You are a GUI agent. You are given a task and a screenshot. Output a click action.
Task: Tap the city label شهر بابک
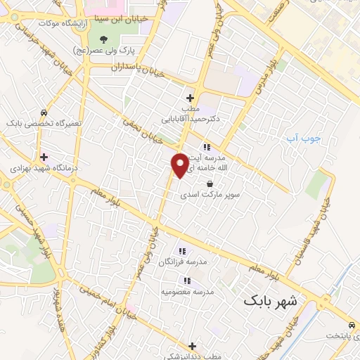click(271, 301)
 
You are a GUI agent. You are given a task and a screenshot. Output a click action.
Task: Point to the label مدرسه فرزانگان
click(182, 262)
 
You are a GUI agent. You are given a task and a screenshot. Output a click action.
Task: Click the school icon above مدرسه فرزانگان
click(182, 251)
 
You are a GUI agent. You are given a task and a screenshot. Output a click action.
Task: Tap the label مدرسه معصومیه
click(187, 291)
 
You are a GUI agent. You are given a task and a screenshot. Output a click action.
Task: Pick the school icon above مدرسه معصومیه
click(187, 281)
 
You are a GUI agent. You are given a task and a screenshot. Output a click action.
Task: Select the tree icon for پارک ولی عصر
click(104, 39)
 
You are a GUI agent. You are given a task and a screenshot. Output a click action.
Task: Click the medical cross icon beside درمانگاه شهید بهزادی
click(44, 157)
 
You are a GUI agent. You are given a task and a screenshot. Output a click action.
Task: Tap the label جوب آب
click(303, 138)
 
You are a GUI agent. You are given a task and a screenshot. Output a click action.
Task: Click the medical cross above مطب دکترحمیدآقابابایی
click(190, 98)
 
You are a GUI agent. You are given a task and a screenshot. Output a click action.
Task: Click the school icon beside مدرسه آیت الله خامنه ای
click(207, 147)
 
